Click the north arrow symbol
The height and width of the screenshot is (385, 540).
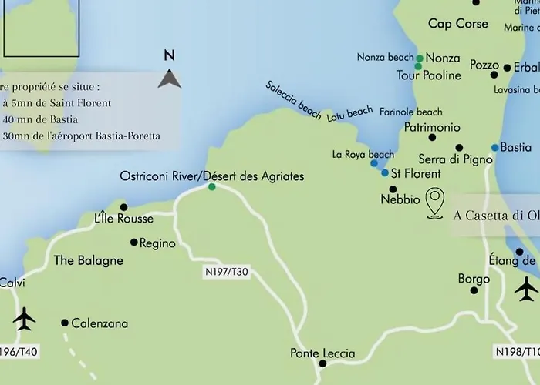click(x=170, y=78)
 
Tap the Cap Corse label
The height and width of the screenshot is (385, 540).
click(x=458, y=24)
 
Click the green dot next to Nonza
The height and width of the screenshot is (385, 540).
click(x=419, y=59)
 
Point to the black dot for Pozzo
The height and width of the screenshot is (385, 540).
click(x=507, y=68)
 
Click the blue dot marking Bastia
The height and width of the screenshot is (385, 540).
click(x=494, y=147)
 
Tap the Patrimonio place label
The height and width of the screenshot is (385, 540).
click(x=432, y=127)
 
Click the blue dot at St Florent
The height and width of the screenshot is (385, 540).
click(x=385, y=173)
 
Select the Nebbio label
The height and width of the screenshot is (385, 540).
click(x=400, y=199)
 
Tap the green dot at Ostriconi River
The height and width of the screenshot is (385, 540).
click(x=211, y=186)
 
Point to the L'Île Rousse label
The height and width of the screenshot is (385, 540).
click(x=123, y=219)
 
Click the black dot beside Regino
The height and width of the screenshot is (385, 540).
click(x=133, y=242)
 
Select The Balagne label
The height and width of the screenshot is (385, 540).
click(x=89, y=260)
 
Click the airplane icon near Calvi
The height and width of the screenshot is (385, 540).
click(x=25, y=316)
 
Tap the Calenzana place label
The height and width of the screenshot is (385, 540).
click(x=100, y=324)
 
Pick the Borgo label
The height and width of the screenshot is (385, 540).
click(x=474, y=278)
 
